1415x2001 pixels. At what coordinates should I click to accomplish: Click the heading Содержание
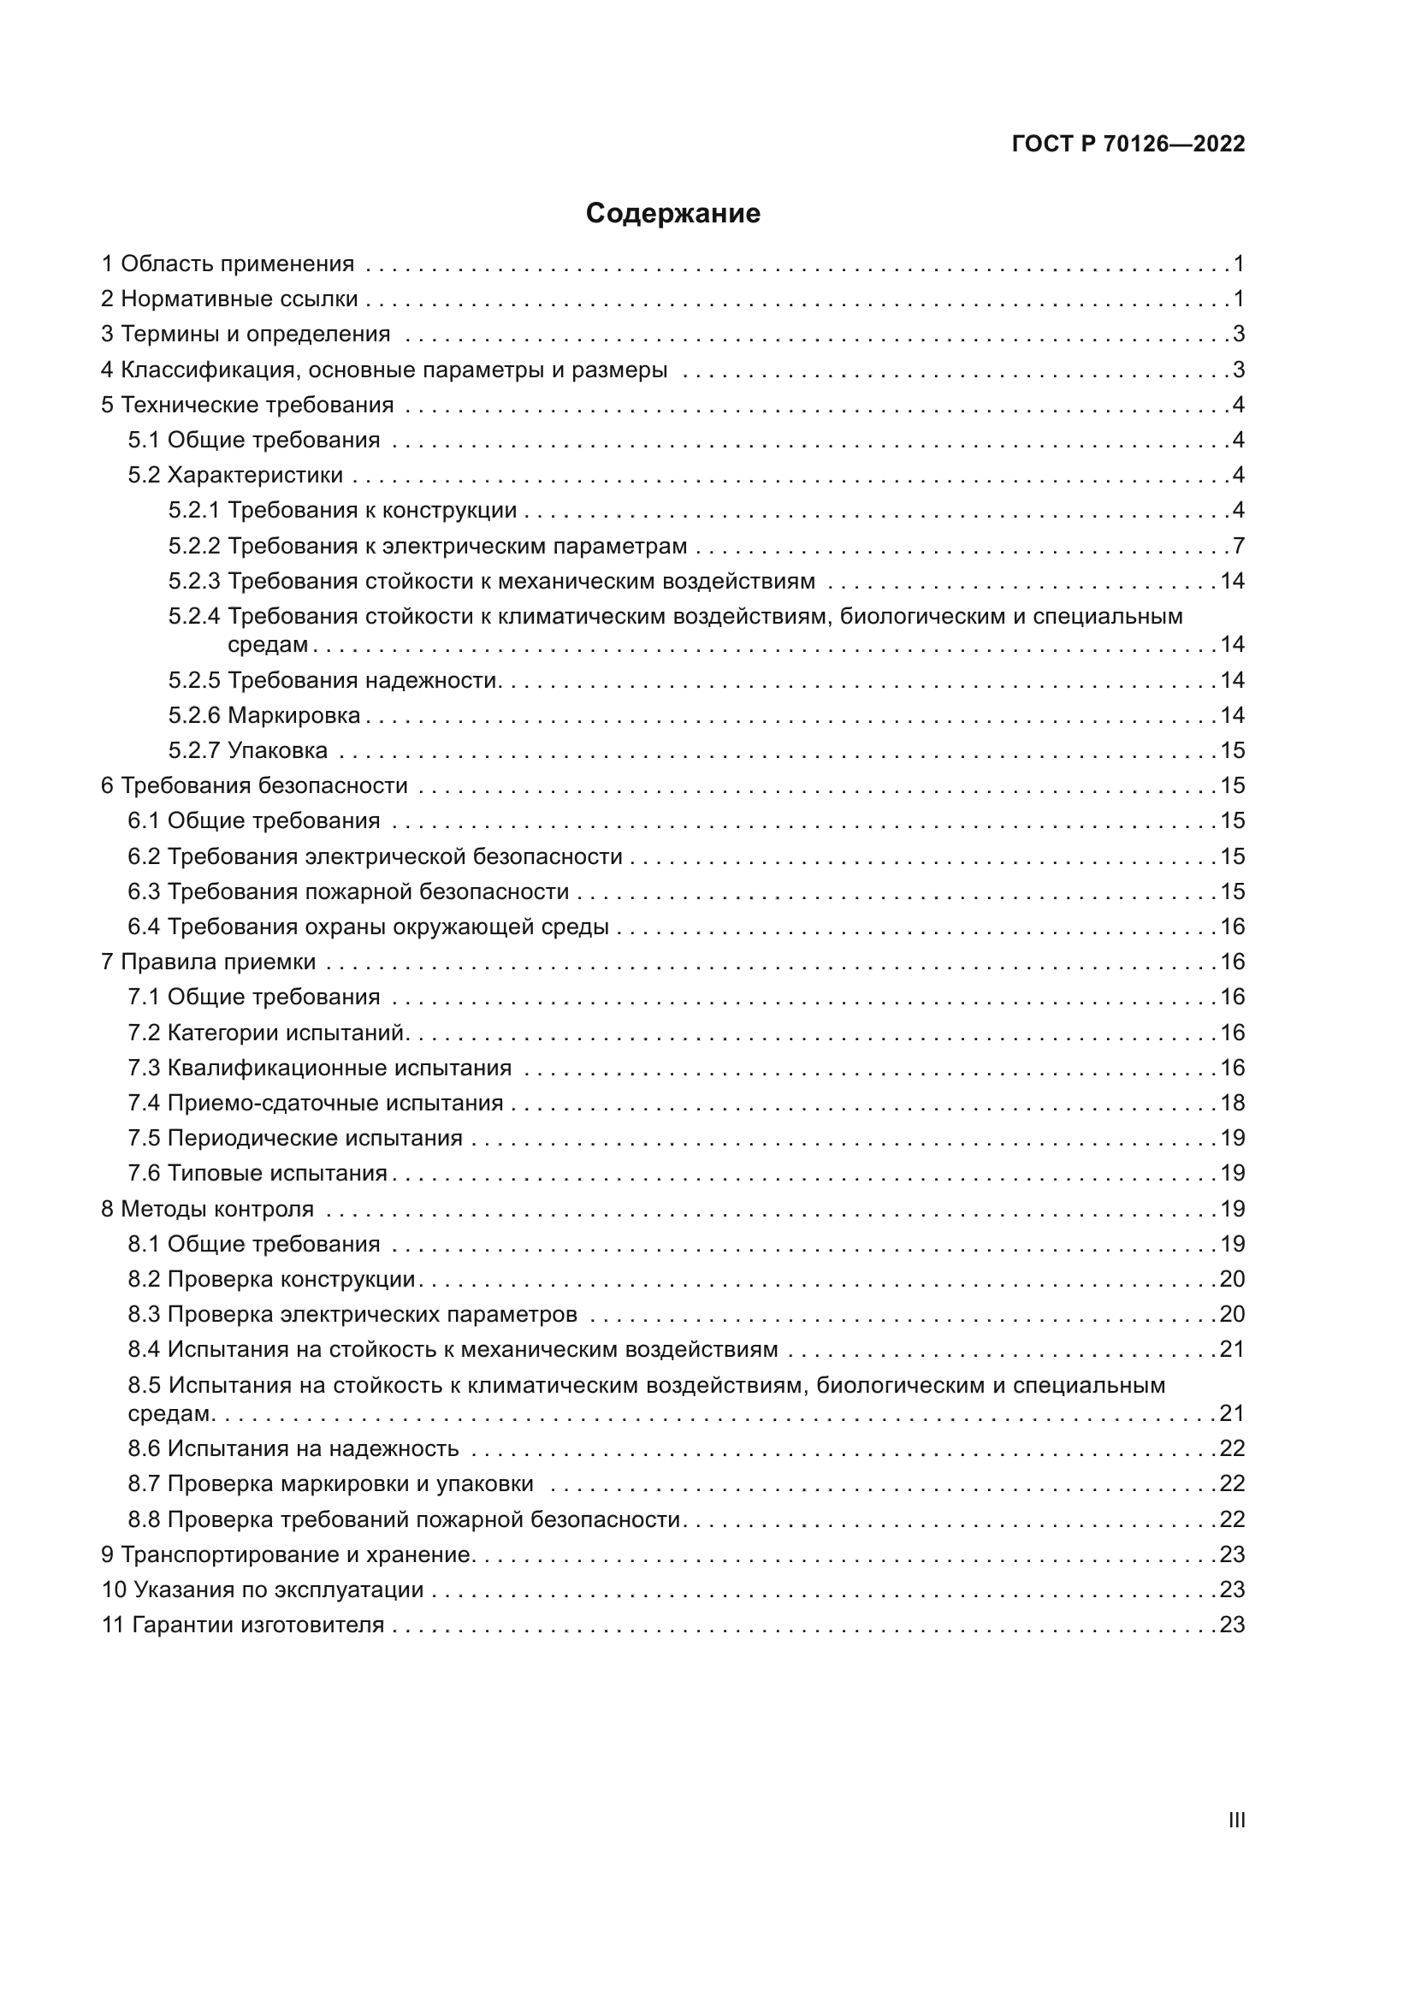[672, 214]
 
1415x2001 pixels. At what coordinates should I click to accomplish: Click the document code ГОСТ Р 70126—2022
[1128, 144]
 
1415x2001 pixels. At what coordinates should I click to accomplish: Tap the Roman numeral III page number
[1236, 1820]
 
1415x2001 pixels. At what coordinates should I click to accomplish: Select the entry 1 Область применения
[228, 264]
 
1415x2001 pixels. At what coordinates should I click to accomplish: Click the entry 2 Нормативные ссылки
[230, 299]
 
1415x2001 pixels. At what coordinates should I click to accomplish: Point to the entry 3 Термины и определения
[246, 334]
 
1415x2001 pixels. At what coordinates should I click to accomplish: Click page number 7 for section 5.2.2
[1238, 547]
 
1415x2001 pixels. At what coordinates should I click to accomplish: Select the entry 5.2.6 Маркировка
[265, 715]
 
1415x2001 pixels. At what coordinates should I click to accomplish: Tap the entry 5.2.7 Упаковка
[248, 750]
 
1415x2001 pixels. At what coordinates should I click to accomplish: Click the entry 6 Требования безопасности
[254, 786]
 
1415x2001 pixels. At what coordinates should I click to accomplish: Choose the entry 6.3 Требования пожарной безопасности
[348, 891]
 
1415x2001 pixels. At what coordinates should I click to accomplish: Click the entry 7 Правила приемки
[209, 962]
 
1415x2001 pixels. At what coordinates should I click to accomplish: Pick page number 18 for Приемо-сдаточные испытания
[1232, 1104]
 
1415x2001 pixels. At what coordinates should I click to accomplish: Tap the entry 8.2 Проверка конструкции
[272, 1279]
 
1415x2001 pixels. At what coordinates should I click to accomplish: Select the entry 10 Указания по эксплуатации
[263, 1590]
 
